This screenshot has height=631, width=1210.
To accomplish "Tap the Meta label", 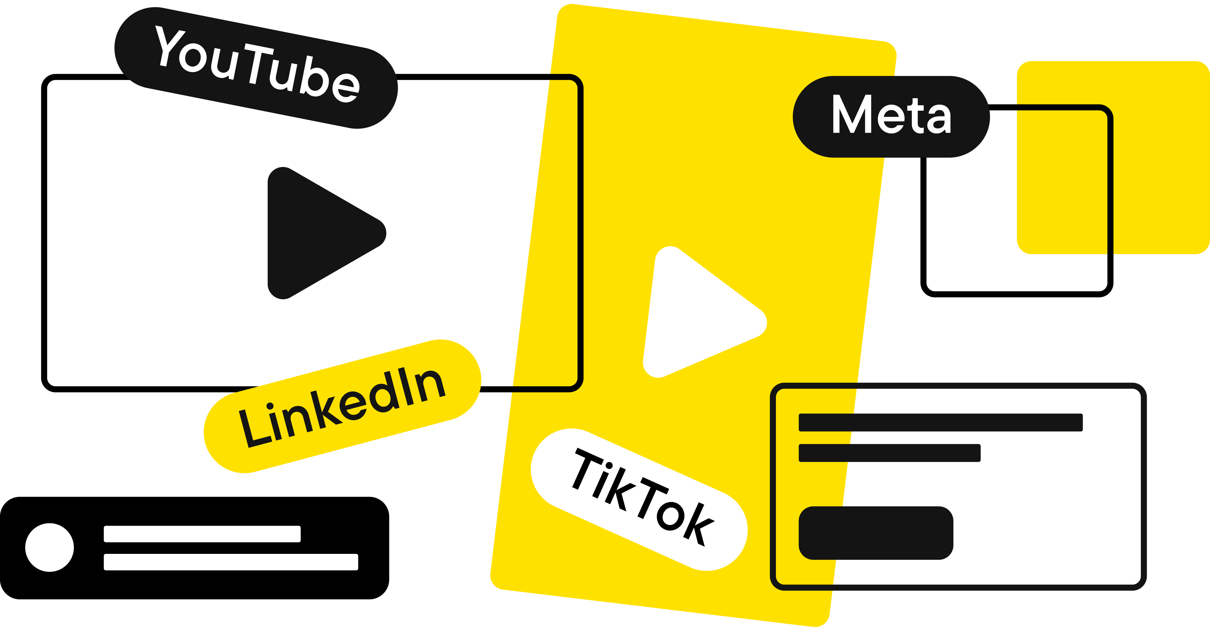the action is [x=891, y=116].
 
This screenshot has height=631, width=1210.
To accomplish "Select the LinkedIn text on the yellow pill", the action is [x=342, y=407].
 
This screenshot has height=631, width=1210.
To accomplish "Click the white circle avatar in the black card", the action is [x=49, y=548].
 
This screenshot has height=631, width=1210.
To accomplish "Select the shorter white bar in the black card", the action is [x=202, y=534].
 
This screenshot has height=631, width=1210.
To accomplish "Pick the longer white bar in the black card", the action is [x=231, y=562].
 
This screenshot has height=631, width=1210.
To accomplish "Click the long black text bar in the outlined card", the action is [x=940, y=422].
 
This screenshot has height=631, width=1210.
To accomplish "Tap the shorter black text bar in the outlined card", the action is [x=889, y=453].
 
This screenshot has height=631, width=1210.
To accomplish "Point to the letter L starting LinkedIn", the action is [x=253, y=430].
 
